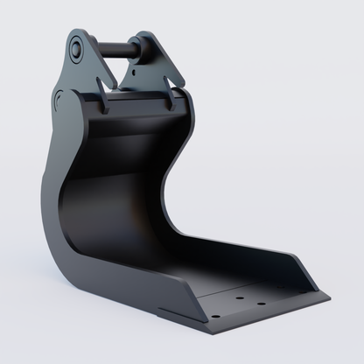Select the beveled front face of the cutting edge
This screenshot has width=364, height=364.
271,320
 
